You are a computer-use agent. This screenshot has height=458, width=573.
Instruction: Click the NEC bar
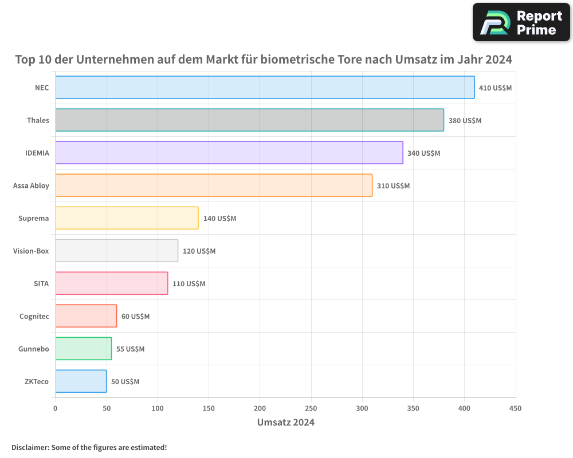click(265, 88)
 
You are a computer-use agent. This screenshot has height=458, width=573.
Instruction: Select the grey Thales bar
click(249, 120)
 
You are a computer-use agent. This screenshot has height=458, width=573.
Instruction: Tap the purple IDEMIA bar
click(229, 153)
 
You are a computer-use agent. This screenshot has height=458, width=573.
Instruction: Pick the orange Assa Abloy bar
click(214, 185)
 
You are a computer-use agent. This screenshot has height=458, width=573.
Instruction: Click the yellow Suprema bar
click(127, 218)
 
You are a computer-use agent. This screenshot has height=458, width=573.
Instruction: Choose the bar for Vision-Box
click(116, 251)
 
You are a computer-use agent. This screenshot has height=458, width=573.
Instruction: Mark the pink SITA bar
click(111, 283)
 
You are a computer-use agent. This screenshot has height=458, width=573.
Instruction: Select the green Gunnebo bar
click(83, 349)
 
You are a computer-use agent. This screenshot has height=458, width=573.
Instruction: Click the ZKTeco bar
click(81, 381)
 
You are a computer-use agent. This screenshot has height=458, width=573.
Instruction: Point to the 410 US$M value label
click(495, 88)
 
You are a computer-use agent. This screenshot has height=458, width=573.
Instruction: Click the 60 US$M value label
click(135, 317)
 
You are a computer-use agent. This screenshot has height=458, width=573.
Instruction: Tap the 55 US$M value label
click(130, 349)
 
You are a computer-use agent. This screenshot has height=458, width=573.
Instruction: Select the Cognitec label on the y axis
click(34, 317)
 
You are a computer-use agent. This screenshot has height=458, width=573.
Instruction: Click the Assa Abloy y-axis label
click(31, 186)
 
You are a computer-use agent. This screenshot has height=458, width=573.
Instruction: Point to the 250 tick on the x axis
click(311, 408)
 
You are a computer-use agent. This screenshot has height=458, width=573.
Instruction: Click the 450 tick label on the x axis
click(515, 408)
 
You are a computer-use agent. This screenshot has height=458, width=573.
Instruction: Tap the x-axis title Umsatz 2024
click(285, 423)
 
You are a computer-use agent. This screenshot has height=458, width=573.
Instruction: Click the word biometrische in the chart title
click(297, 60)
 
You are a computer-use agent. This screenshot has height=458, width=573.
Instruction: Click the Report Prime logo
click(521, 22)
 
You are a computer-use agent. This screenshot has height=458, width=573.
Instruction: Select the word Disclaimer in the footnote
click(29, 447)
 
